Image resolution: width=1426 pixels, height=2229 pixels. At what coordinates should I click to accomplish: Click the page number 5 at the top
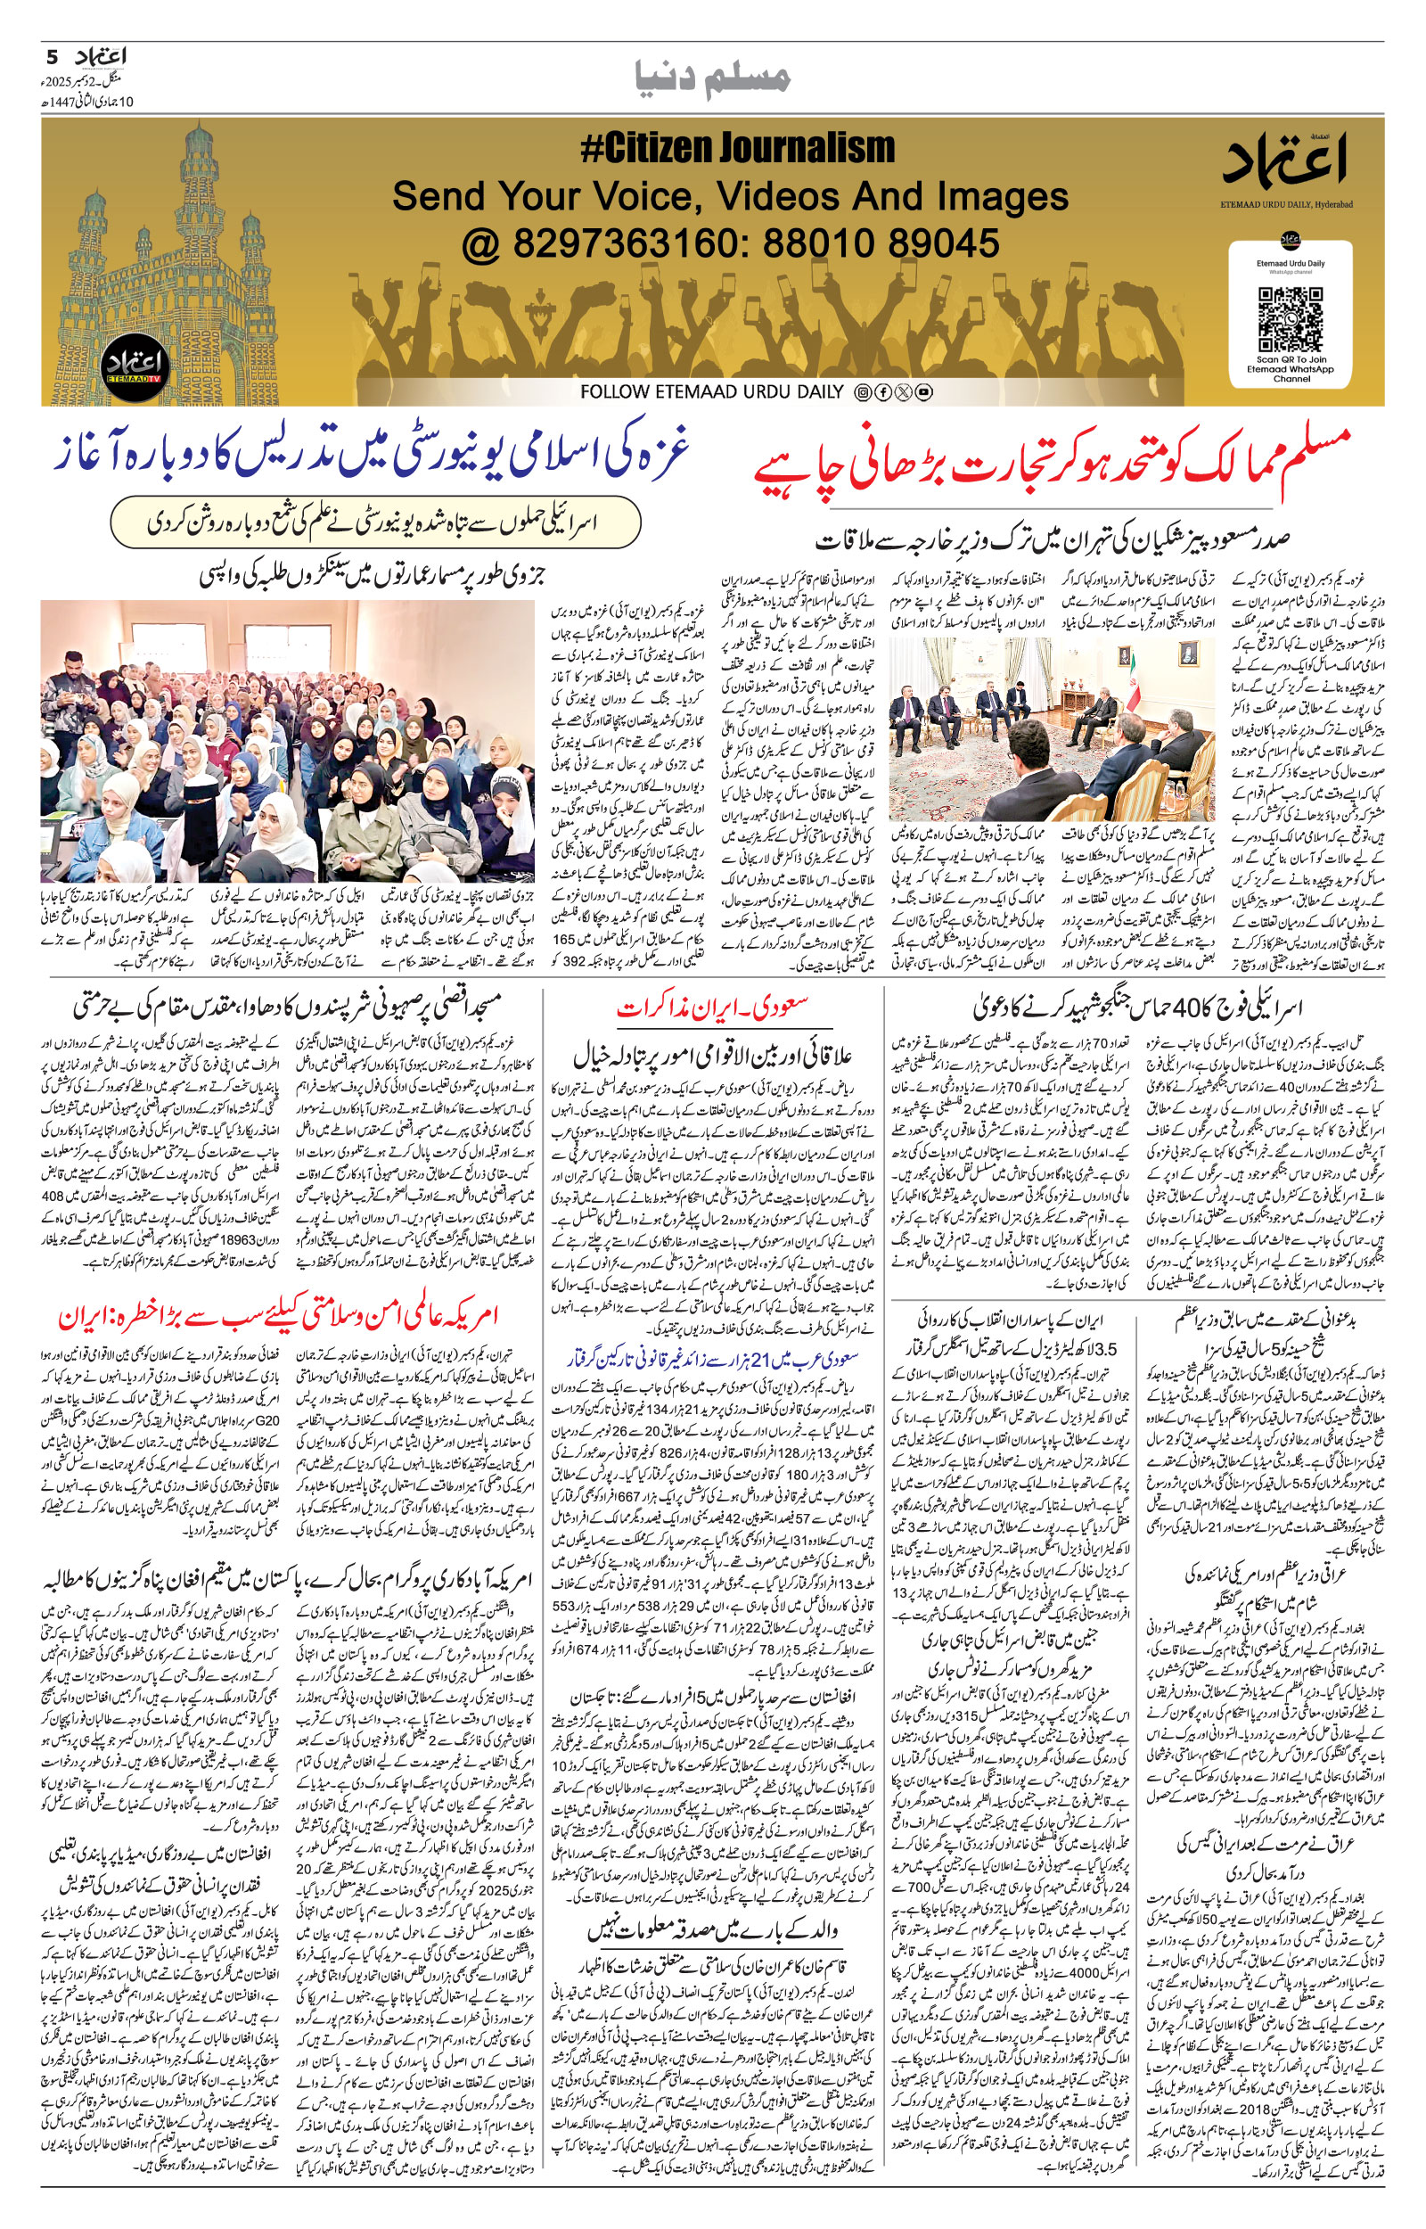[x=53, y=56]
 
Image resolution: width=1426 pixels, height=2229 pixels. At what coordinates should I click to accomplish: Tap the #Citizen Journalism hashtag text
[x=738, y=148]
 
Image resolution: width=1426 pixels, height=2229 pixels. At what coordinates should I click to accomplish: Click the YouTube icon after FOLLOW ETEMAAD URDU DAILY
[x=923, y=392]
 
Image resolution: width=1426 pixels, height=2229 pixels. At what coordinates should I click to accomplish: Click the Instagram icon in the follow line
[x=862, y=392]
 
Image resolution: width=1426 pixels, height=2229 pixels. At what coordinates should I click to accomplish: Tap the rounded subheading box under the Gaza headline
[x=375, y=524]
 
